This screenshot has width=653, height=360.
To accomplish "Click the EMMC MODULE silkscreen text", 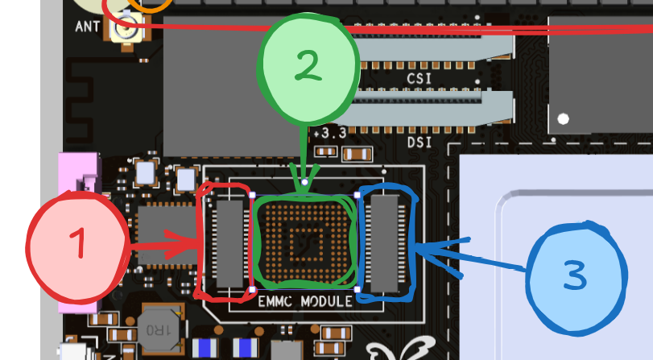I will click(304, 301).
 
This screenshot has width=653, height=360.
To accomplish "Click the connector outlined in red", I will click(229, 242).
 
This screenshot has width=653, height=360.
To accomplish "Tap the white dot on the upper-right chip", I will click(564, 118).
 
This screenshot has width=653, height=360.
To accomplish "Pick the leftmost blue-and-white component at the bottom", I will click(207, 349).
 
